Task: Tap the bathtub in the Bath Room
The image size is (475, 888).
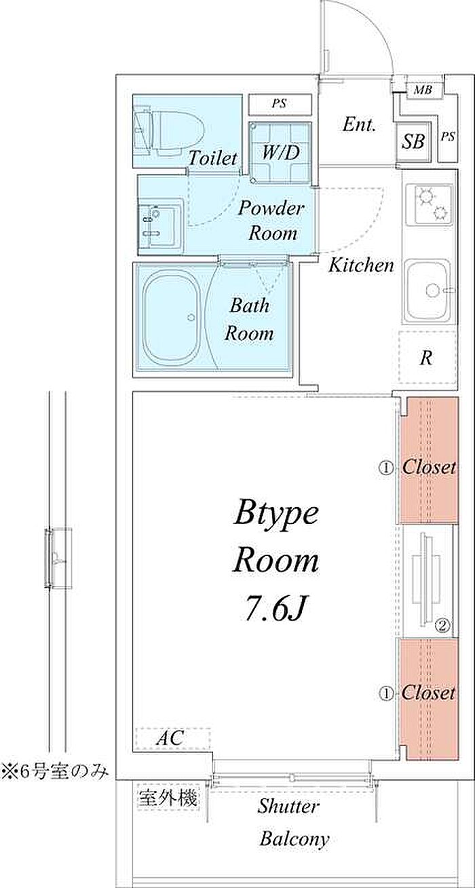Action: (171, 318)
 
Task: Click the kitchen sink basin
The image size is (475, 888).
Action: (428, 290)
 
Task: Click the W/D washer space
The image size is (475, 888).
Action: (280, 153)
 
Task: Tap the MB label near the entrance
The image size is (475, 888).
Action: (423, 90)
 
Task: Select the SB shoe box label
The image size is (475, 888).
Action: (413, 141)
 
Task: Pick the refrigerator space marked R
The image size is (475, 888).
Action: (427, 357)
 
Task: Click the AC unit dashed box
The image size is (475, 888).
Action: (173, 738)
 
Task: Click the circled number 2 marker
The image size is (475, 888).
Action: (442, 626)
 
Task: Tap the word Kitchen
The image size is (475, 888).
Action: (361, 265)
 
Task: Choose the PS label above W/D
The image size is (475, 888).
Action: (280, 104)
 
